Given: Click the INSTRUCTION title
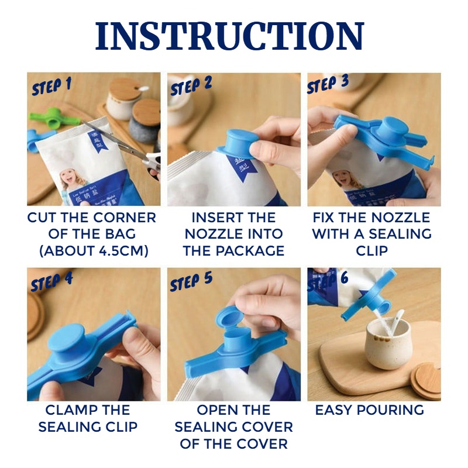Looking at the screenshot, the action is [229, 36].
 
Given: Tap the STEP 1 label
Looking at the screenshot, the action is [52, 86].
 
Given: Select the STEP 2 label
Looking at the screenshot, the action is [191, 85].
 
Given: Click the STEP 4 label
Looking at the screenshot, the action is [52, 281].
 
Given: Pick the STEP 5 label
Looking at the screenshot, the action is [191, 281].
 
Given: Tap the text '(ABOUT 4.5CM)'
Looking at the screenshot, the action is [94, 251].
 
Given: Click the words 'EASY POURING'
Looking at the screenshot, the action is [370, 410].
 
